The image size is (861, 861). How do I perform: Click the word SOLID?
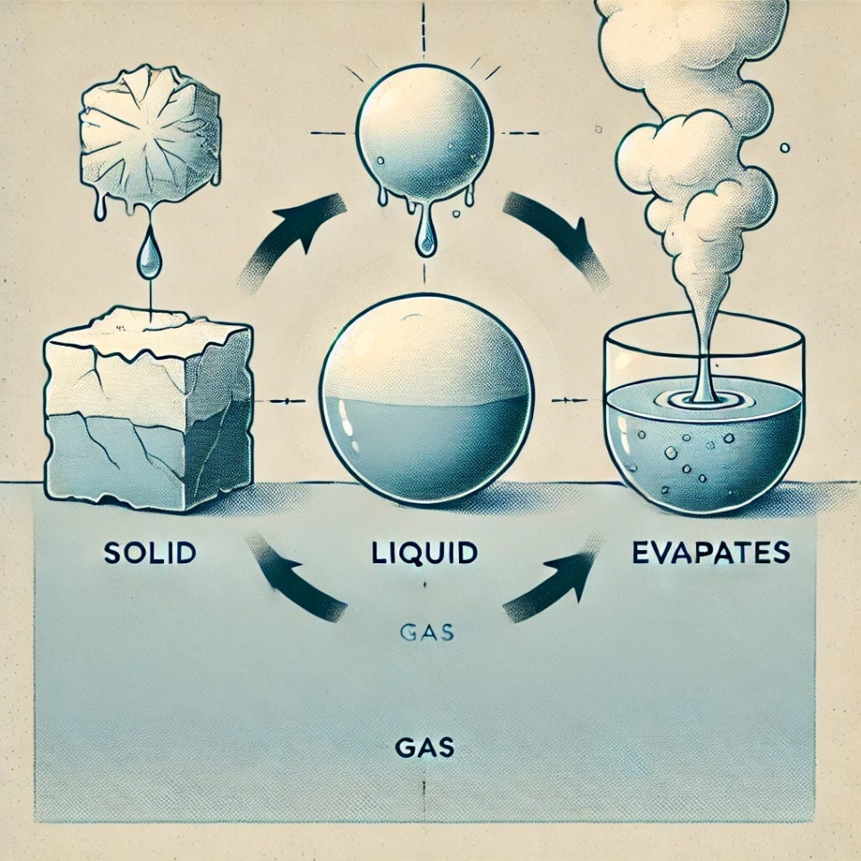149,553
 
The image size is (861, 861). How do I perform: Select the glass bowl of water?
704,419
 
